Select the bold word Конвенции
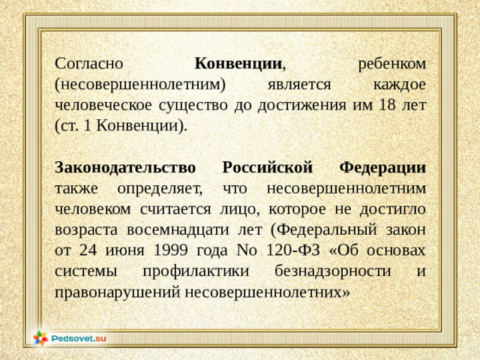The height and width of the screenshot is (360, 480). coord(238,64)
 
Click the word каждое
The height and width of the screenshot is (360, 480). coord(399,84)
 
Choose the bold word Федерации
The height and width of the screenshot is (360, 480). coord(382,166)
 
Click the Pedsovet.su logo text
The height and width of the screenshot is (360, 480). coord(79,338)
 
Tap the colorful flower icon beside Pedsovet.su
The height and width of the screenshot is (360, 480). coord(40,338)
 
